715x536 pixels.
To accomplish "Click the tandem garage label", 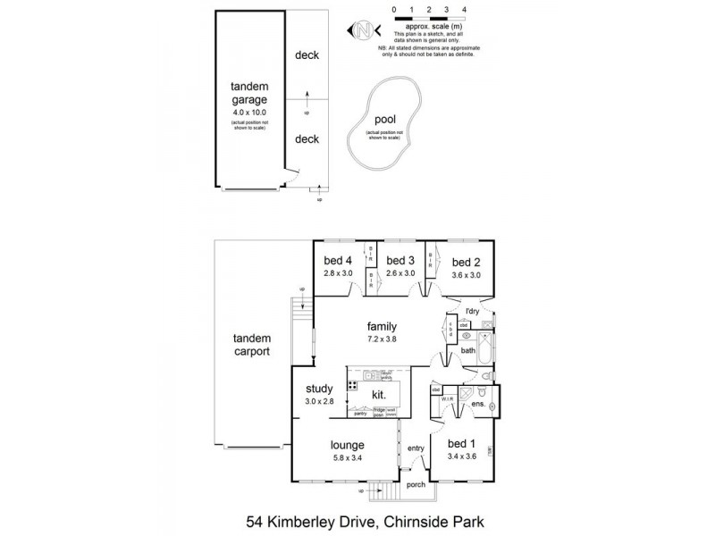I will [x=249, y=94].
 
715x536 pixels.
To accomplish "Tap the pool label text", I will [x=385, y=118].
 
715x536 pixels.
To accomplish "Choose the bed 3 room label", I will [x=400, y=261].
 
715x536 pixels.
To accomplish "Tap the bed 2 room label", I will [x=466, y=262].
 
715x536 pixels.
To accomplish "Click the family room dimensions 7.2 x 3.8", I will [x=381, y=341].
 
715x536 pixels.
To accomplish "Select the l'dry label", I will [x=474, y=311].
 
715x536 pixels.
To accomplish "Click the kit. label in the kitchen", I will [x=378, y=394].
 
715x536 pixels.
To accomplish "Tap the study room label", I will [x=319, y=389].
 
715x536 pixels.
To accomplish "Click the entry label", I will [x=416, y=448].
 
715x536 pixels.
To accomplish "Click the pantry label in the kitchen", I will [x=360, y=413].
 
